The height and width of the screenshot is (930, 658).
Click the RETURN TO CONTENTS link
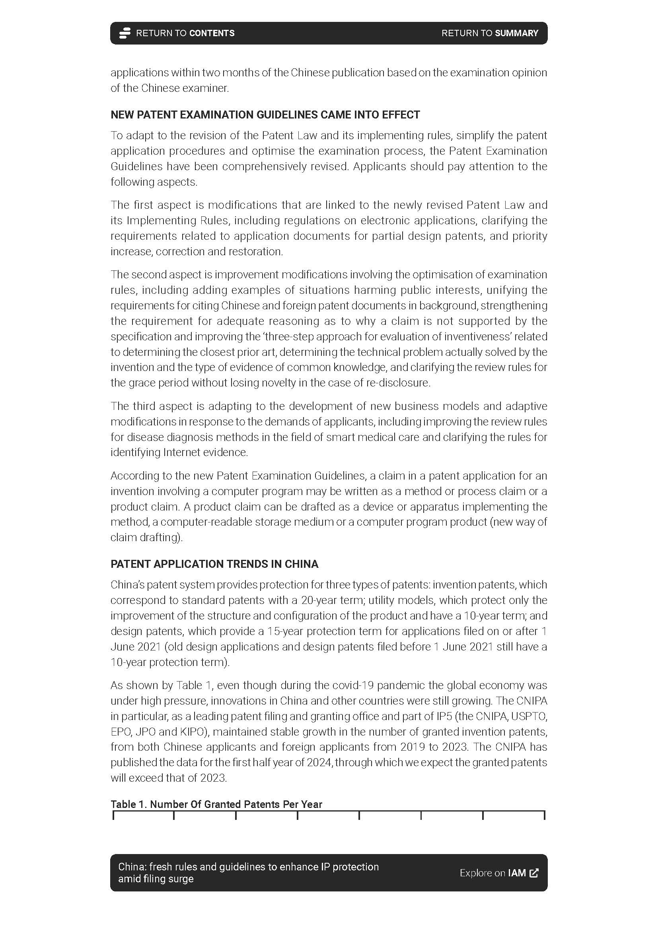point(185,33)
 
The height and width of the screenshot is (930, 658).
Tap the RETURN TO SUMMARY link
point(489,33)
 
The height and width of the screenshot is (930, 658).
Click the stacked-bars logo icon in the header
point(125,33)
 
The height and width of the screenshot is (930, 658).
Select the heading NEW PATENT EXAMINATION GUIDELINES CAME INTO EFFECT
point(265,115)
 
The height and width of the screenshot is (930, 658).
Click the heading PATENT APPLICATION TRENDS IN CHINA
point(214,564)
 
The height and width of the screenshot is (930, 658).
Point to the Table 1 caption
point(216,804)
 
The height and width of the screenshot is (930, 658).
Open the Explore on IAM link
point(498,873)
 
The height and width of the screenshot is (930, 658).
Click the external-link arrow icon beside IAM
point(534,873)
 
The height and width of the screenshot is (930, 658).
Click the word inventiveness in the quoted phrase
point(515,337)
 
